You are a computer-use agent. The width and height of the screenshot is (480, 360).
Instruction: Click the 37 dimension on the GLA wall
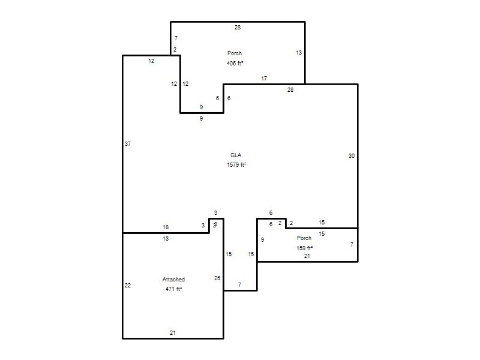[128, 143]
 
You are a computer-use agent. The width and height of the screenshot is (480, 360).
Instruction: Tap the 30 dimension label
[352, 156]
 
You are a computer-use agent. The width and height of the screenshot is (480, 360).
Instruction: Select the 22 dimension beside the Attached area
[128, 286]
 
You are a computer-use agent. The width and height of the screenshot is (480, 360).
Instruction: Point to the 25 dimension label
[217, 278]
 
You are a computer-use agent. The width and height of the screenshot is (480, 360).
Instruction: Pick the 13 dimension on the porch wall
[299, 53]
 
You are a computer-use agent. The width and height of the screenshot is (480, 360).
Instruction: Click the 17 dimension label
[264, 79]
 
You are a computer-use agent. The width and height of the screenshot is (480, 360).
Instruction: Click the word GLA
[236, 155]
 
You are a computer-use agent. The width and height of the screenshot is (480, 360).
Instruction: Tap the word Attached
[173, 280]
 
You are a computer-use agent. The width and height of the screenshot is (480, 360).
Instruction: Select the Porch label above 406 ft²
[235, 53]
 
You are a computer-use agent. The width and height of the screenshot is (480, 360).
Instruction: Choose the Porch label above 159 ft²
[304, 238]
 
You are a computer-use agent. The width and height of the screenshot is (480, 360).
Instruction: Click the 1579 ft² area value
[236, 164]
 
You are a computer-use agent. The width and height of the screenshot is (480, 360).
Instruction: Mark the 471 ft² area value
[173, 289]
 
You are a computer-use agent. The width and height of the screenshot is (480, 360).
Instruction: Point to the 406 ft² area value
[235, 64]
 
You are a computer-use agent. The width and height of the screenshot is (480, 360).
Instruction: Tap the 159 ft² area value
[304, 248]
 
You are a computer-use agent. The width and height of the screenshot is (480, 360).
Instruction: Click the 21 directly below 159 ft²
[307, 256]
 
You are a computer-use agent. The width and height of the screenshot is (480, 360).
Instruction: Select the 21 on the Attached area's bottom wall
[173, 333]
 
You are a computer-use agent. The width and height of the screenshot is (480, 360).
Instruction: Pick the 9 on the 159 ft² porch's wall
[262, 239]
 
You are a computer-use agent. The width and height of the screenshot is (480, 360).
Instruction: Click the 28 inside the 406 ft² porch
[238, 28]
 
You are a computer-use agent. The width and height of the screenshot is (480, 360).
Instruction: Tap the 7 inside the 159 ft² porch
[352, 245]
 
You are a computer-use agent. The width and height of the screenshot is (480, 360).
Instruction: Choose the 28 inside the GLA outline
[290, 90]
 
